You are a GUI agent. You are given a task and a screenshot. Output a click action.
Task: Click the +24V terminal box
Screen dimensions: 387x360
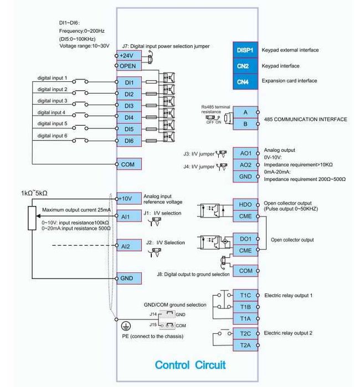(129, 55)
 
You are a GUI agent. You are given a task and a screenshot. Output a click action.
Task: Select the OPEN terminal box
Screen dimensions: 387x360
(129, 66)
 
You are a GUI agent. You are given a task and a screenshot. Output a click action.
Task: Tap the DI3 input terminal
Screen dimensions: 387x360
(129, 105)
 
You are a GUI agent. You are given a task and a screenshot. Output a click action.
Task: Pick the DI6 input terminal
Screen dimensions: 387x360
(129, 141)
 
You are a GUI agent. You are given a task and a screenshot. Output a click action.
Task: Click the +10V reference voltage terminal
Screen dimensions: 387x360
(129, 199)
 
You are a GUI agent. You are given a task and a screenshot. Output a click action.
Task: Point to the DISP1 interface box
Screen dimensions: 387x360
(244, 50)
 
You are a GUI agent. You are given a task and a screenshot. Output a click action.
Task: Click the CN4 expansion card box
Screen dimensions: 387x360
(244, 81)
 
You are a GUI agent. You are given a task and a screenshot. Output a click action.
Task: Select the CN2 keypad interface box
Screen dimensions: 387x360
(244, 65)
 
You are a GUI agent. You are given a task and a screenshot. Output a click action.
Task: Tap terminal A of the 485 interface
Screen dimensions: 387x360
(245, 113)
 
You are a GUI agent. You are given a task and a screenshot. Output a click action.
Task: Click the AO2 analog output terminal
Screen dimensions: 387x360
(245, 165)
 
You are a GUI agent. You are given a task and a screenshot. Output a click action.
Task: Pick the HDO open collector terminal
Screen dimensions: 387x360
(245, 204)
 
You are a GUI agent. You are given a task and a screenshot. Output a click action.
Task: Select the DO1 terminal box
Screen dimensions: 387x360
(245, 239)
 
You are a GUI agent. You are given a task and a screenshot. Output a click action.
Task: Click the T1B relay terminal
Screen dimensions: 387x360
(245, 306)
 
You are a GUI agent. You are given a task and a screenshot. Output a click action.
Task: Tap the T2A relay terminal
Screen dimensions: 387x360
(245, 345)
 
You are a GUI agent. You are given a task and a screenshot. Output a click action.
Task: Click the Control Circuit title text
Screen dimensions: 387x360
(190, 365)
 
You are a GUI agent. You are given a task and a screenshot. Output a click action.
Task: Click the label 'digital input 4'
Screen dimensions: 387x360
(52, 112)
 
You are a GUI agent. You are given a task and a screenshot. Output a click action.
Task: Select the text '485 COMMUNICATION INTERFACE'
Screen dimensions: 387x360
(306, 119)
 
